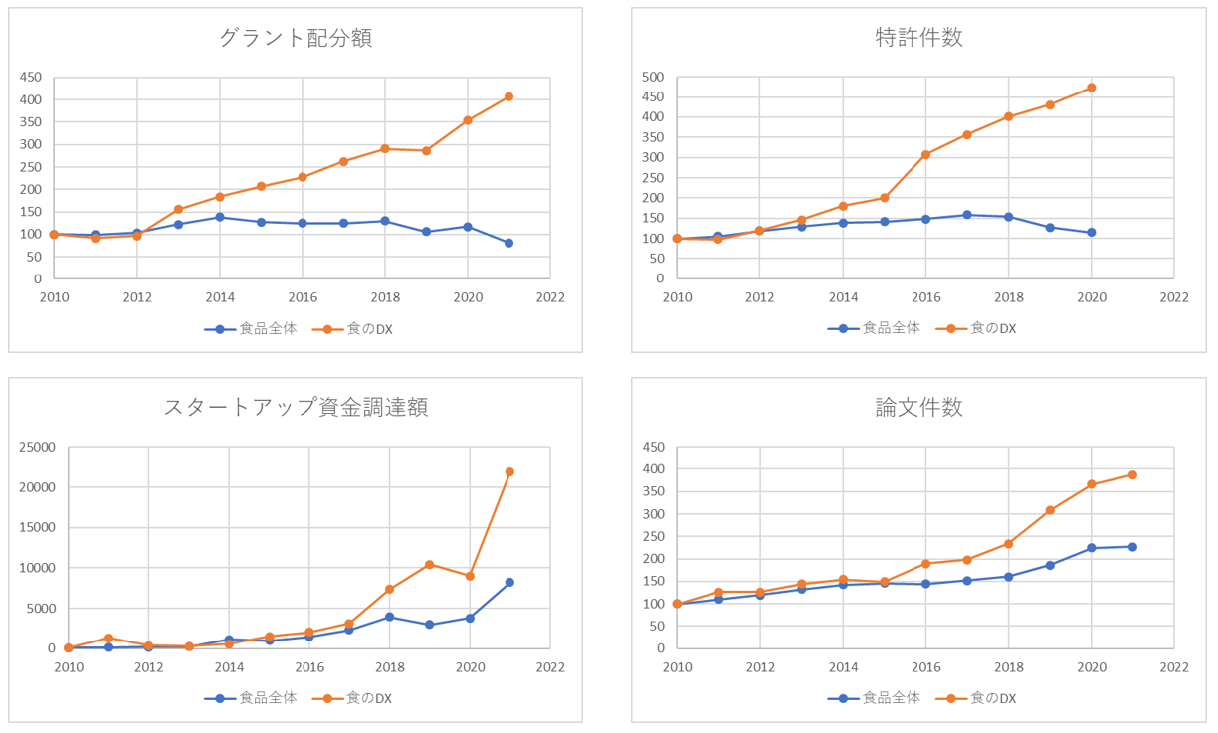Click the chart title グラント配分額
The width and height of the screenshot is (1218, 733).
pyautogui.click(x=296, y=39)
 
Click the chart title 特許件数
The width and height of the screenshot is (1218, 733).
pyautogui.click(x=918, y=39)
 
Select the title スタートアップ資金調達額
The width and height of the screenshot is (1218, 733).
pyautogui.click(x=296, y=407)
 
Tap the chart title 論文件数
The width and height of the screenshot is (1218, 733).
pyautogui.click(x=918, y=407)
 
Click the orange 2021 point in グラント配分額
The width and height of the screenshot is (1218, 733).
pyautogui.click(x=508, y=96)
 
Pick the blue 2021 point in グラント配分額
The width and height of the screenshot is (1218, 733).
pyautogui.click(x=508, y=243)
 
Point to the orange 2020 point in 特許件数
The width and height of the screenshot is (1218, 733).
pyautogui.click(x=1092, y=88)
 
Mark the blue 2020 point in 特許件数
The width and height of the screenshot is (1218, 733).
pyautogui.click(x=1092, y=232)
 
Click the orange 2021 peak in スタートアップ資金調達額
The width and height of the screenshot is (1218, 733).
pyautogui.click(x=509, y=471)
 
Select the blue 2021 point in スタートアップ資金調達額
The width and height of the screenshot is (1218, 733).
pyautogui.click(x=509, y=582)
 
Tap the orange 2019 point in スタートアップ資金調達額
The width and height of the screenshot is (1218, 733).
pyautogui.click(x=429, y=564)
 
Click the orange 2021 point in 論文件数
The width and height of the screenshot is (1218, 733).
pyautogui.click(x=1132, y=474)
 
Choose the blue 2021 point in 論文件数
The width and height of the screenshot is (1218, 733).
pyautogui.click(x=1132, y=546)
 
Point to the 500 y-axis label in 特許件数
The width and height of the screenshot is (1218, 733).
pyautogui.click(x=653, y=77)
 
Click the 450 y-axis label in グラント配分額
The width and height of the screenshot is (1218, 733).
pyautogui.click(x=30, y=77)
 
